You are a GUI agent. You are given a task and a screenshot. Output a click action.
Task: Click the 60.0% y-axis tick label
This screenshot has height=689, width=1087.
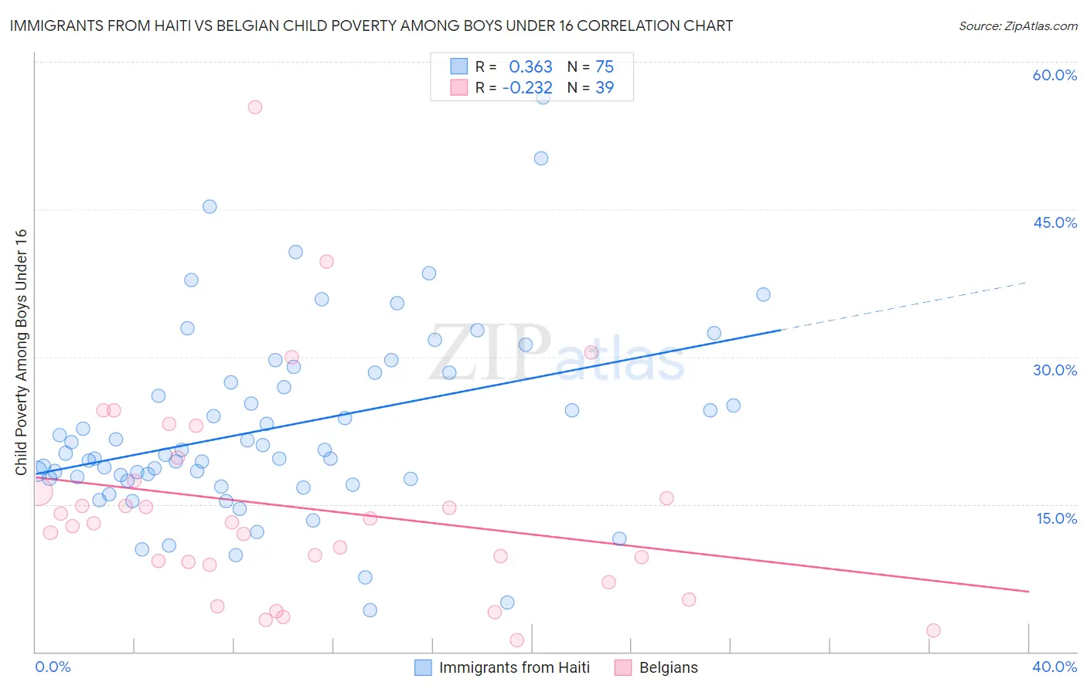tap(1055, 75)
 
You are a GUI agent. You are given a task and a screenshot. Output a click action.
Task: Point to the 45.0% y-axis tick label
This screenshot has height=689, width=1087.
tap(1055, 222)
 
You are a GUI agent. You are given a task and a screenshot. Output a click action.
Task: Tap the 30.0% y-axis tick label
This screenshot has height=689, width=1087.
tap(1055, 370)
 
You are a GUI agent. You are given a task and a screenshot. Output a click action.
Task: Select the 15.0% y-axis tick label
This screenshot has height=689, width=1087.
tap(1056, 518)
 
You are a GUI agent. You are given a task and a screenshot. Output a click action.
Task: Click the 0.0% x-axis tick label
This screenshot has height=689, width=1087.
tap(53, 667)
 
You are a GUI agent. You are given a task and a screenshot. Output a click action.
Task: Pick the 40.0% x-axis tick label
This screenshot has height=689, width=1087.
tap(1055, 667)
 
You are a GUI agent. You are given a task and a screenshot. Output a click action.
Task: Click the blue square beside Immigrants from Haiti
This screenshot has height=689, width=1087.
tap(423, 667)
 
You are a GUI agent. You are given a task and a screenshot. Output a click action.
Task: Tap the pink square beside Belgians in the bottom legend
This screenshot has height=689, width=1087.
tap(623, 667)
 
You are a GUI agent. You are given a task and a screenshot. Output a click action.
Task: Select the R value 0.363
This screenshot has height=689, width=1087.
tap(530, 67)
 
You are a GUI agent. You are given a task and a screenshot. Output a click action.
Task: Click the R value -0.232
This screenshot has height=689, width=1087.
tap(527, 88)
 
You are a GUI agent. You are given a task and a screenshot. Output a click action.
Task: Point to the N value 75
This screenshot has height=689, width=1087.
tap(605, 67)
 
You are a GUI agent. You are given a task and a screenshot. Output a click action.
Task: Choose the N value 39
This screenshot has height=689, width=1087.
tap(605, 88)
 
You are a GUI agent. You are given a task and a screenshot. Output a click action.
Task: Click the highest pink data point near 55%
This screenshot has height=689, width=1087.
tap(254, 107)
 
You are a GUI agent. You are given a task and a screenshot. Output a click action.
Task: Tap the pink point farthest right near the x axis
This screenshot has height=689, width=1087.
tap(933, 630)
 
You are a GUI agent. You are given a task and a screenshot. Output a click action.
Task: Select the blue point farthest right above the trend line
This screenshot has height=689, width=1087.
tap(763, 294)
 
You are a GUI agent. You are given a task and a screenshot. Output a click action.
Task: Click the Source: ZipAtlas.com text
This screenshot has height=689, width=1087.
tap(1017, 26)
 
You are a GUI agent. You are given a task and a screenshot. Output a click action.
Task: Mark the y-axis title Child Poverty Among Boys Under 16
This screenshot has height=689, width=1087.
tap(21, 352)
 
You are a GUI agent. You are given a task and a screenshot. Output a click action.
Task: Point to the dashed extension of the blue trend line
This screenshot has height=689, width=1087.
tap(905, 306)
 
